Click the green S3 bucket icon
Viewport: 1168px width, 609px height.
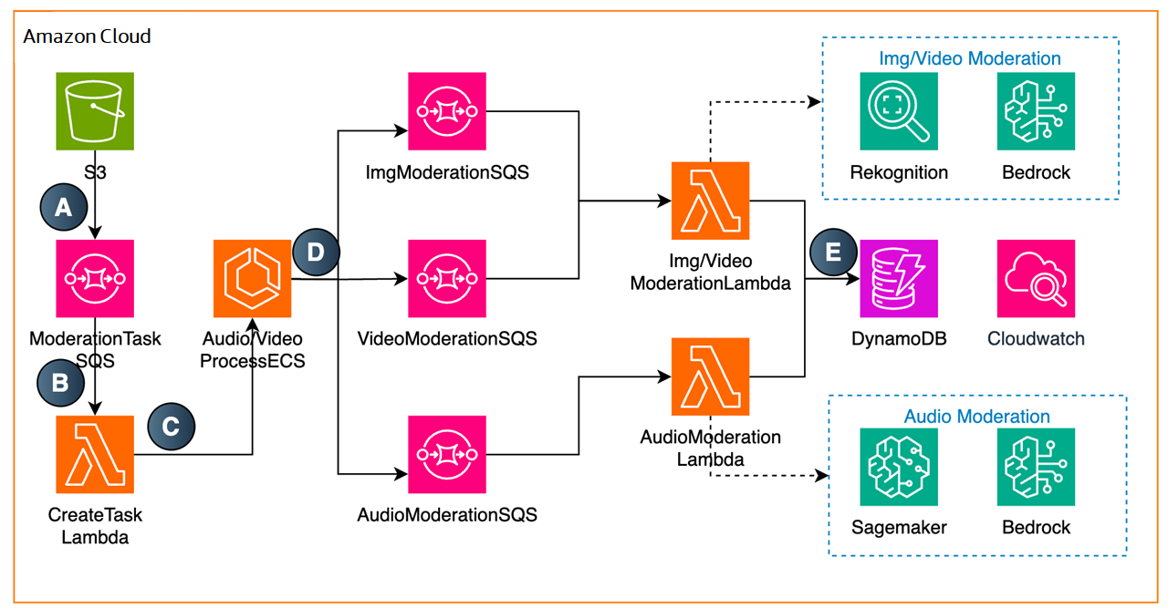point(95,111)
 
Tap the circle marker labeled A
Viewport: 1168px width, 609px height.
point(64,207)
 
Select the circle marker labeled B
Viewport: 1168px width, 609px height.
point(60,383)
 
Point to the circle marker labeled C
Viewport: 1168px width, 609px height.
point(171,426)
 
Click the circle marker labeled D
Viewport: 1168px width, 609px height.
point(316,253)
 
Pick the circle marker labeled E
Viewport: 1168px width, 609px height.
point(833,253)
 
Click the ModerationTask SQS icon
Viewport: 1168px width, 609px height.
point(95,278)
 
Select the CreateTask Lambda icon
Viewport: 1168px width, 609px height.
point(95,454)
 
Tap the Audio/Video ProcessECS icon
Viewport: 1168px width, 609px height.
point(253,278)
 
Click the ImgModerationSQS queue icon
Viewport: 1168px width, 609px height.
point(447,111)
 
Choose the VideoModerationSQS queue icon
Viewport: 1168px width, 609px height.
point(447,278)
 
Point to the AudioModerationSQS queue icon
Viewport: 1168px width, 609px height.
point(447,454)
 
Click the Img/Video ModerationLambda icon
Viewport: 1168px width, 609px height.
point(710,201)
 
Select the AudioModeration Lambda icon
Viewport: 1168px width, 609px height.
point(710,377)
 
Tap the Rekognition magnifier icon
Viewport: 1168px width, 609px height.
point(899,111)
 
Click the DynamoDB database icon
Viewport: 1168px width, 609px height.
point(899,278)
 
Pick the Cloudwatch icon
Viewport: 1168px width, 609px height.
point(1036,278)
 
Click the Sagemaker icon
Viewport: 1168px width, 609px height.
point(899,467)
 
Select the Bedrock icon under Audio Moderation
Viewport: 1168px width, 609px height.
point(1036,467)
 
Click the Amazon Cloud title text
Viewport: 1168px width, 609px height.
point(87,36)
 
